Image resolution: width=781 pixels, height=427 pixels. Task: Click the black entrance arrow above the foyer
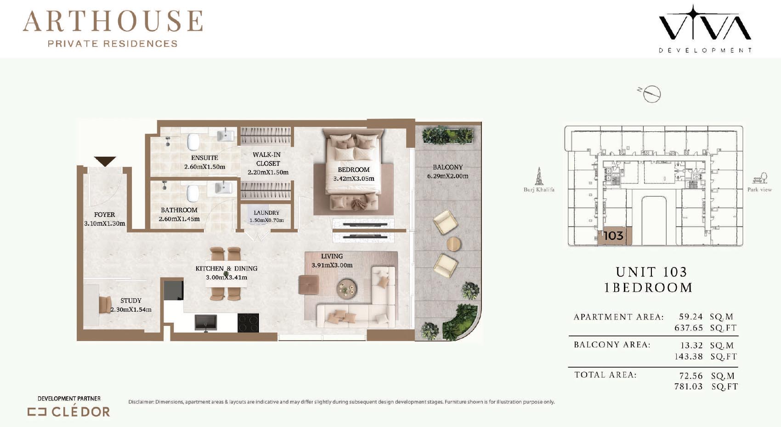(x=105, y=161)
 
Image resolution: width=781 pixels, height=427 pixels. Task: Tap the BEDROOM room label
(x=354, y=170)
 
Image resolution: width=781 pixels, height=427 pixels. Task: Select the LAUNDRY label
(x=266, y=212)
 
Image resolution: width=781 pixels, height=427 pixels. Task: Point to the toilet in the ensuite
(x=192, y=142)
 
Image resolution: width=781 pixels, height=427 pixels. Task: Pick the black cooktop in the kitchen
(x=248, y=323)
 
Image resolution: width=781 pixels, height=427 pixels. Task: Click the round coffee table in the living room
(x=346, y=288)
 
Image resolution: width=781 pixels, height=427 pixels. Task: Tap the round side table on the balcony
(x=453, y=244)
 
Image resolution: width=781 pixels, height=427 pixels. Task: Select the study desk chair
(x=105, y=305)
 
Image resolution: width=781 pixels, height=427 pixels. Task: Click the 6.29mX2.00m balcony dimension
(x=447, y=176)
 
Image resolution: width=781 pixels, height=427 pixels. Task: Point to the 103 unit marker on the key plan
(x=613, y=236)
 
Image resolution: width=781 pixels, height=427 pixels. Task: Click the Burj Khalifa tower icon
(x=539, y=176)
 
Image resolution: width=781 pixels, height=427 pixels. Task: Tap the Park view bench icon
(x=760, y=178)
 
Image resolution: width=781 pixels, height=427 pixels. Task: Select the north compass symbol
(x=651, y=94)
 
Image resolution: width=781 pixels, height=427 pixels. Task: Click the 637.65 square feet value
(x=689, y=328)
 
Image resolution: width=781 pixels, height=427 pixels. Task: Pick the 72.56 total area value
(x=691, y=376)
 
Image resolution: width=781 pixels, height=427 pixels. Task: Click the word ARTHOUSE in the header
(x=113, y=21)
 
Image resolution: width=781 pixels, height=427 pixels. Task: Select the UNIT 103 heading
(x=651, y=272)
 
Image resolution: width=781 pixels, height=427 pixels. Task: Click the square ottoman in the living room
(x=309, y=285)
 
